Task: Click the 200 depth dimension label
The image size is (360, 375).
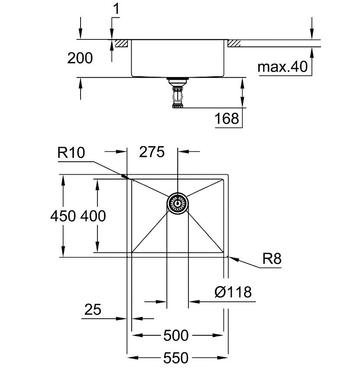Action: click(80, 58)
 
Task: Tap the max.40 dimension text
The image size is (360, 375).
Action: click(282, 67)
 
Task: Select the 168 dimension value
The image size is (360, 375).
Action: click(227, 118)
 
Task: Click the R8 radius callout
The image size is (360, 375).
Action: click(272, 259)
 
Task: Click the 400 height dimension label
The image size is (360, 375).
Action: click(93, 216)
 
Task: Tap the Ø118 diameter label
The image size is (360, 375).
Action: click(233, 292)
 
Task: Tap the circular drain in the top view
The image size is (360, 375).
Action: click(178, 203)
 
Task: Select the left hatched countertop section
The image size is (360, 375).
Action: click(121, 43)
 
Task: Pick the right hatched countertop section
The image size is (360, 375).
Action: click(234, 43)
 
